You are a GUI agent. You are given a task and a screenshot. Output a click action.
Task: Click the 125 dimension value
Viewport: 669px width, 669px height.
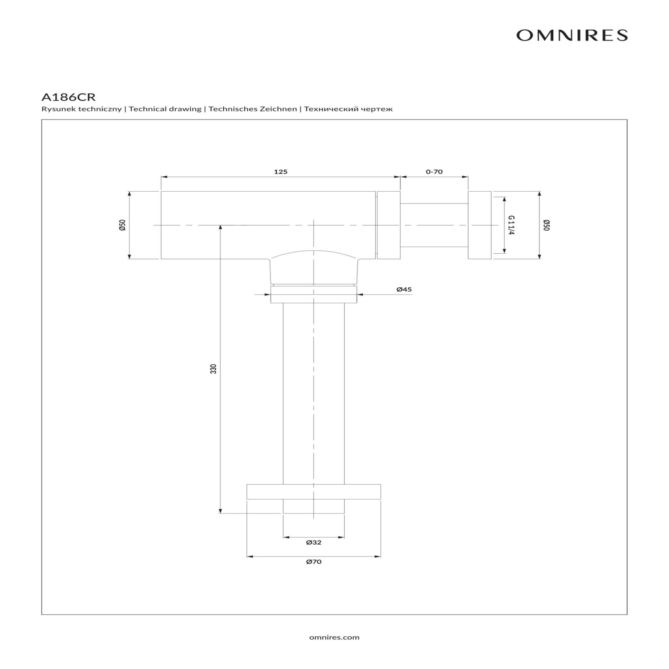click(280, 171)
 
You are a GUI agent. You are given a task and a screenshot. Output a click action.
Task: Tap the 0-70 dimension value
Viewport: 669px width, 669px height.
click(434, 171)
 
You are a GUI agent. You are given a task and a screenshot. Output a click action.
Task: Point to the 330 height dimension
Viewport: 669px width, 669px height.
click(214, 369)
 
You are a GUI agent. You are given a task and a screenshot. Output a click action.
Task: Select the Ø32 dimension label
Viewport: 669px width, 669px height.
click(314, 543)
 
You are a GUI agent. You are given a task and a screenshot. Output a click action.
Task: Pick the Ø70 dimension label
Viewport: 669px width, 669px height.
click(314, 562)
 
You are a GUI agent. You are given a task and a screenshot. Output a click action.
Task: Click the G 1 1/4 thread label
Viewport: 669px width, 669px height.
click(511, 225)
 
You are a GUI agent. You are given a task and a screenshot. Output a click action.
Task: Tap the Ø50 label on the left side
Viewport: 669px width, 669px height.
click(122, 225)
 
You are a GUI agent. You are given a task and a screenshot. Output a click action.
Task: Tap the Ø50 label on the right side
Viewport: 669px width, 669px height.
click(546, 225)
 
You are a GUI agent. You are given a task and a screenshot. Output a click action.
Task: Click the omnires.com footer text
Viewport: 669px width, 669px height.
click(334, 637)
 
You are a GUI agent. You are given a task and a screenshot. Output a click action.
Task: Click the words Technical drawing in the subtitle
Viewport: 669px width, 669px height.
click(165, 109)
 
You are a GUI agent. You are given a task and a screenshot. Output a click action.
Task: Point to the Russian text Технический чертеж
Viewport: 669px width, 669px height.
click(348, 109)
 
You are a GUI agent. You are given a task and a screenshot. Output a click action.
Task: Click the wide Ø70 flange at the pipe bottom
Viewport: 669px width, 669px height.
click(314, 492)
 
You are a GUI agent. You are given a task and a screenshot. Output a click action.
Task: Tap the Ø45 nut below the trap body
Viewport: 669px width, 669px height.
click(314, 294)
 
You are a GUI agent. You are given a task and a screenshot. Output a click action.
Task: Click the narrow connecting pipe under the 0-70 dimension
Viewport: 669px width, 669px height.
click(434, 225)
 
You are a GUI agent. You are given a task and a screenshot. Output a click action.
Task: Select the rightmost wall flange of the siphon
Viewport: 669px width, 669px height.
click(479, 225)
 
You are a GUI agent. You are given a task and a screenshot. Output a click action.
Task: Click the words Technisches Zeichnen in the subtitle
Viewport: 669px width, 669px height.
click(253, 109)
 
